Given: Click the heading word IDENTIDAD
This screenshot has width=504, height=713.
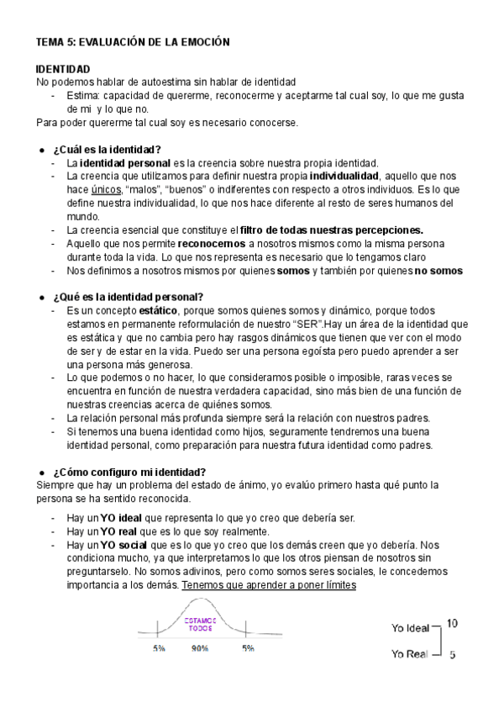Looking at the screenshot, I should click(63, 68).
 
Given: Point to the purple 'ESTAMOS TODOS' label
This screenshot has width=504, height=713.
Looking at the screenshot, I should click(200, 623).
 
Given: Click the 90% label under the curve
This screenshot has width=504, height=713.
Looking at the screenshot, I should click(199, 649).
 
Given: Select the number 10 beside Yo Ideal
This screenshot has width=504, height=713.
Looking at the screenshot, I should click(452, 623).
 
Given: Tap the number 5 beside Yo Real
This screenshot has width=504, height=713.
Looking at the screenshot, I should click(453, 655).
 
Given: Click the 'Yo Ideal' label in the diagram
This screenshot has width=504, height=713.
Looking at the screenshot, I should click(410, 627).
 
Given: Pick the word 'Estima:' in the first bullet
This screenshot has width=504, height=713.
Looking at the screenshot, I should click(83, 95).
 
